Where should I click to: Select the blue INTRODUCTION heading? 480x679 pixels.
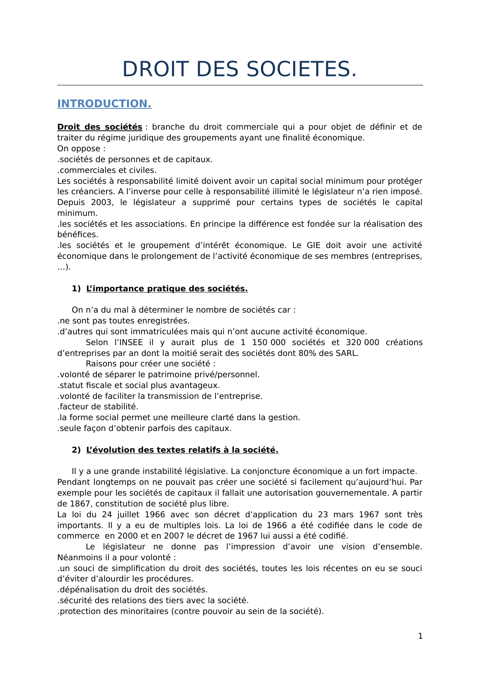click(104, 104)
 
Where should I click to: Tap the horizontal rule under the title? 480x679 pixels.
click(240, 85)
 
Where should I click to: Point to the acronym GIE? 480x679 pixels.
click(314, 245)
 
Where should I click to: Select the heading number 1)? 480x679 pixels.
click(76, 289)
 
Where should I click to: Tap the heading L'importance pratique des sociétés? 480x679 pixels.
click(167, 289)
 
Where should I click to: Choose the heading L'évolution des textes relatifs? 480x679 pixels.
click(182, 450)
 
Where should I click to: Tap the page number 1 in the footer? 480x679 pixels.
click(420, 636)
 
